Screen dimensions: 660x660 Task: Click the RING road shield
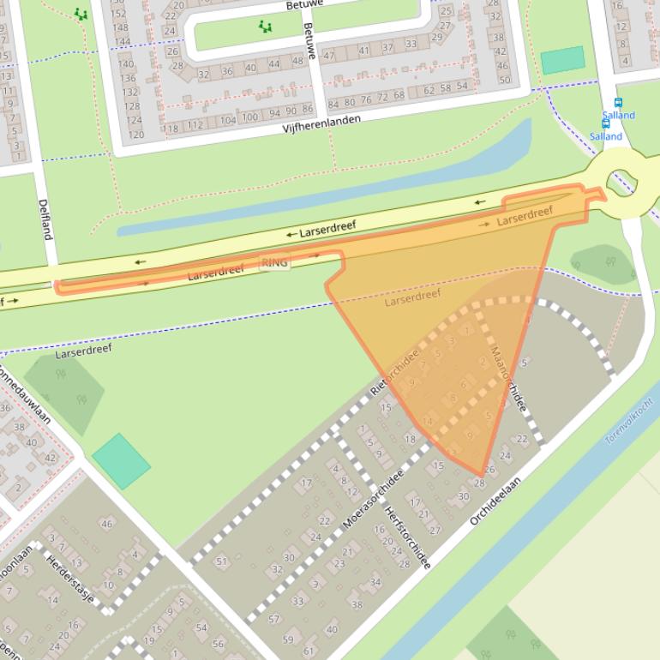[x=274, y=262]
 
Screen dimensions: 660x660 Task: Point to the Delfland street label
[x=45, y=219]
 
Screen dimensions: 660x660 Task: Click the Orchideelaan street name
[x=495, y=502]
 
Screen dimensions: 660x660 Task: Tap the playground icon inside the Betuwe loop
[x=266, y=27]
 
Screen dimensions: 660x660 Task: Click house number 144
[x=123, y=41]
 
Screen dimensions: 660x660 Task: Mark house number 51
[x=222, y=561]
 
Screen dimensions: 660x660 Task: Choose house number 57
[x=274, y=618]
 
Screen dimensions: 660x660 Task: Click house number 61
[x=309, y=651]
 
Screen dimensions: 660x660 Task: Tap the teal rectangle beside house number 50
[x=562, y=60]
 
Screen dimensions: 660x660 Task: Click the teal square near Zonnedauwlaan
[x=122, y=461]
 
